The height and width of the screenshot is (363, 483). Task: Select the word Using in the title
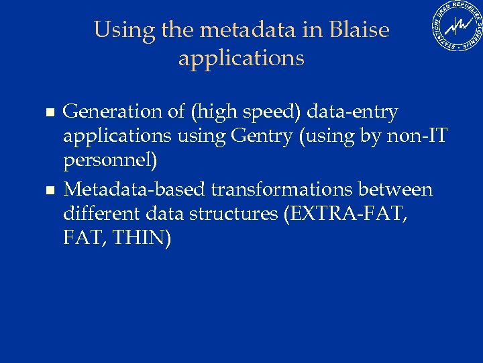pyautogui.click(x=118, y=31)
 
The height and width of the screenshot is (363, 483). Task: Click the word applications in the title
pyautogui.click(x=241, y=58)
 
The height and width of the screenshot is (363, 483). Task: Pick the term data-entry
pyautogui.click(x=352, y=112)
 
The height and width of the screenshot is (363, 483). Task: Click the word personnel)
pyautogui.click(x=110, y=162)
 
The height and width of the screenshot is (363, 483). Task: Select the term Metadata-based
pyautogui.click(x=134, y=190)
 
